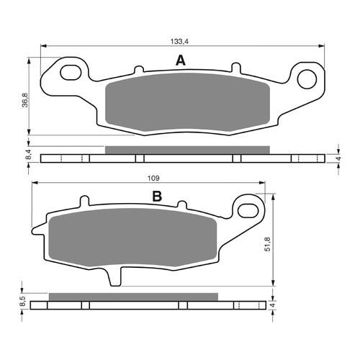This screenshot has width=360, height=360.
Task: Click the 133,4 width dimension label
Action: [x=181, y=40]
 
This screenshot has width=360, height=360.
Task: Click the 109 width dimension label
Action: [x=152, y=177]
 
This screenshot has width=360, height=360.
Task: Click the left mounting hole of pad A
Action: [x=70, y=72]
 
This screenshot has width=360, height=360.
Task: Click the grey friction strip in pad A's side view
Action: [x=186, y=150]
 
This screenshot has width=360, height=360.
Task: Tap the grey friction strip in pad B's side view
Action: [x=132, y=296]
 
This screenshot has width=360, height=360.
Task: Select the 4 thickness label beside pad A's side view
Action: [x=338, y=158]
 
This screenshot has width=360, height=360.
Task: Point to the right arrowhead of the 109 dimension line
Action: [x=264, y=184]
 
